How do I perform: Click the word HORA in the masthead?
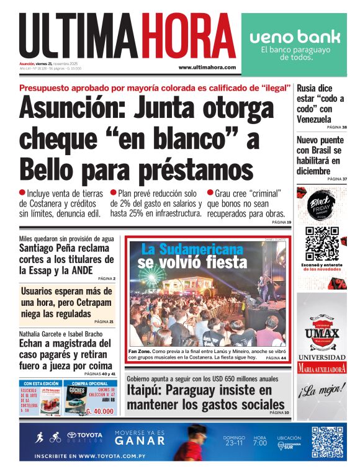(x=188, y=36)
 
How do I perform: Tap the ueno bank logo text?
(x=295, y=37)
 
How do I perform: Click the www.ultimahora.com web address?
(x=207, y=67)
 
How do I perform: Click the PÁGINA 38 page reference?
(x=336, y=127)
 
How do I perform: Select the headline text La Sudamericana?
(x=192, y=249)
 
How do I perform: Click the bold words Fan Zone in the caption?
(x=140, y=351)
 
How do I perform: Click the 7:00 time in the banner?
(x=259, y=444)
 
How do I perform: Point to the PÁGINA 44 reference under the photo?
(x=276, y=359)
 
